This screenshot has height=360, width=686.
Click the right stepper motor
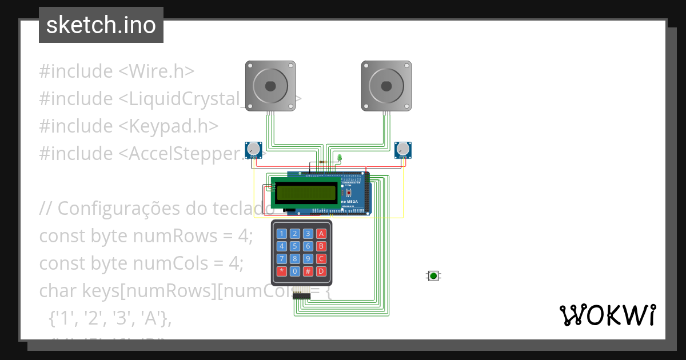[386, 86]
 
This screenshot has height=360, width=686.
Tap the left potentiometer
[253, 150]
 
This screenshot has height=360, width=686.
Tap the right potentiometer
[404, 150]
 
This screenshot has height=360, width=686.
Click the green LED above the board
[339, 157]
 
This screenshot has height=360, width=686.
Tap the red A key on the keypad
[321, 233]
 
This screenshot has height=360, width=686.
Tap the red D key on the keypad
[321, 271]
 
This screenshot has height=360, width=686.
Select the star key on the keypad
[281, 271]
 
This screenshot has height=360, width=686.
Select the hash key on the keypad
[308, 271]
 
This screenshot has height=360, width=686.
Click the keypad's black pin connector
[301, 295]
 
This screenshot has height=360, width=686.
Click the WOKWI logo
[607, 315]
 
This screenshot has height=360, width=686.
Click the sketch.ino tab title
[101, 25]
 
